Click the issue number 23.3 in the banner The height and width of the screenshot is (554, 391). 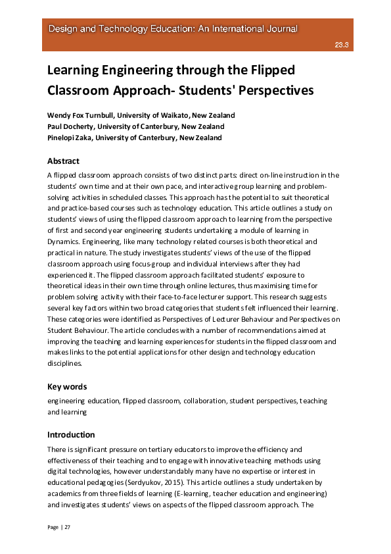[342, 45]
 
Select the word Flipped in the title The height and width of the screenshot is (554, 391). [271, 70]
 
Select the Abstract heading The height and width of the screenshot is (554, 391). [63, 161]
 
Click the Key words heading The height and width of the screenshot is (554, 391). [67, 387]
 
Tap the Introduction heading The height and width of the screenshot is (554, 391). [71, 435]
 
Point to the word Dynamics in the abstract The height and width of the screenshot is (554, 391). [64, 241]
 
